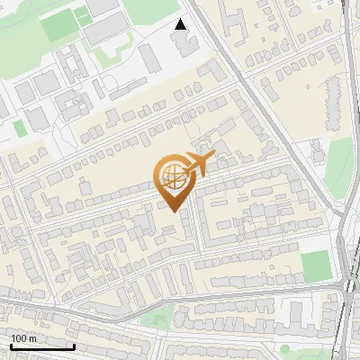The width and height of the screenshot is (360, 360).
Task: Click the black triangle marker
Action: point(181,24)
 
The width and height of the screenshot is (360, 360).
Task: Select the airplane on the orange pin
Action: point(198,164)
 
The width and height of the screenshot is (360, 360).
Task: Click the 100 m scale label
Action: point(22,337)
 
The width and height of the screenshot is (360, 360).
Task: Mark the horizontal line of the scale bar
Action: point(41,346)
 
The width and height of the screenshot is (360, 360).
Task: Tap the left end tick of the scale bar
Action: point(10,345)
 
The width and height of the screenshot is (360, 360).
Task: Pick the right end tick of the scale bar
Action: point(74,345)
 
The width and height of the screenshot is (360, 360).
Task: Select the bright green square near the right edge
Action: point(316,265)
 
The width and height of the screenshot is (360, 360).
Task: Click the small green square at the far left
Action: point(20,129)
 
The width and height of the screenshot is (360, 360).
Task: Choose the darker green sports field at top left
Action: point(60,24)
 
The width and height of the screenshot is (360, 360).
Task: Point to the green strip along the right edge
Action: point(338,166)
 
